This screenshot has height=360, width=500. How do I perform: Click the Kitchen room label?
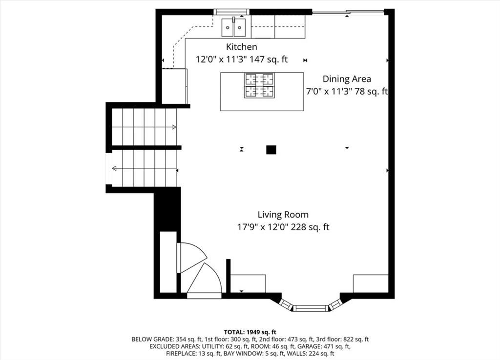coord(241,47)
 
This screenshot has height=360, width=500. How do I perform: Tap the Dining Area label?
coord(347,79)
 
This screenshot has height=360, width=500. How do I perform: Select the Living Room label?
coord(283,215)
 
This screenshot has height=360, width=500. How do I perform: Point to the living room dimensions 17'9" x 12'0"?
coord(263,227)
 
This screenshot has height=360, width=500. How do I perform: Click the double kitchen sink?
coord(234,27)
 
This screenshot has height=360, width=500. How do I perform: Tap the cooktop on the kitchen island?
coord(259,85)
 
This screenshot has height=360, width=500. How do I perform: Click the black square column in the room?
coord(271,150)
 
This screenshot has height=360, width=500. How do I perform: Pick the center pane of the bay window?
coord(310,308)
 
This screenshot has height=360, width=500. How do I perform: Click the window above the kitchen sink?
coord(232,12)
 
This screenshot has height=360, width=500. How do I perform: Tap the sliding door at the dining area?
coord(348,12)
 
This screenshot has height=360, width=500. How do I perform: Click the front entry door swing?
coord(205,279)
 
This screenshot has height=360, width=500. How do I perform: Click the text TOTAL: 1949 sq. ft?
coord(250,333)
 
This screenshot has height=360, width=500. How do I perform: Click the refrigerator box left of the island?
coord(174,86)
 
